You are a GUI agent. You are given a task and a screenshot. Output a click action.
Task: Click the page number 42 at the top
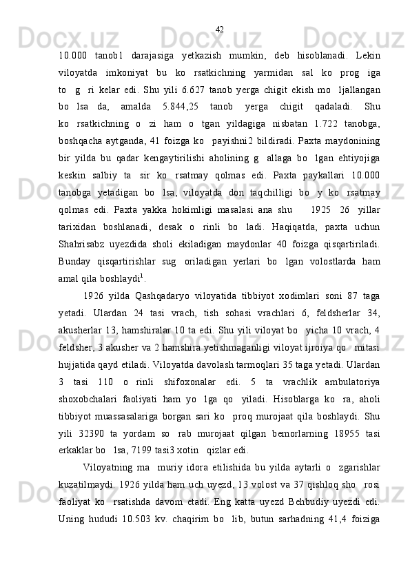(219, 30)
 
